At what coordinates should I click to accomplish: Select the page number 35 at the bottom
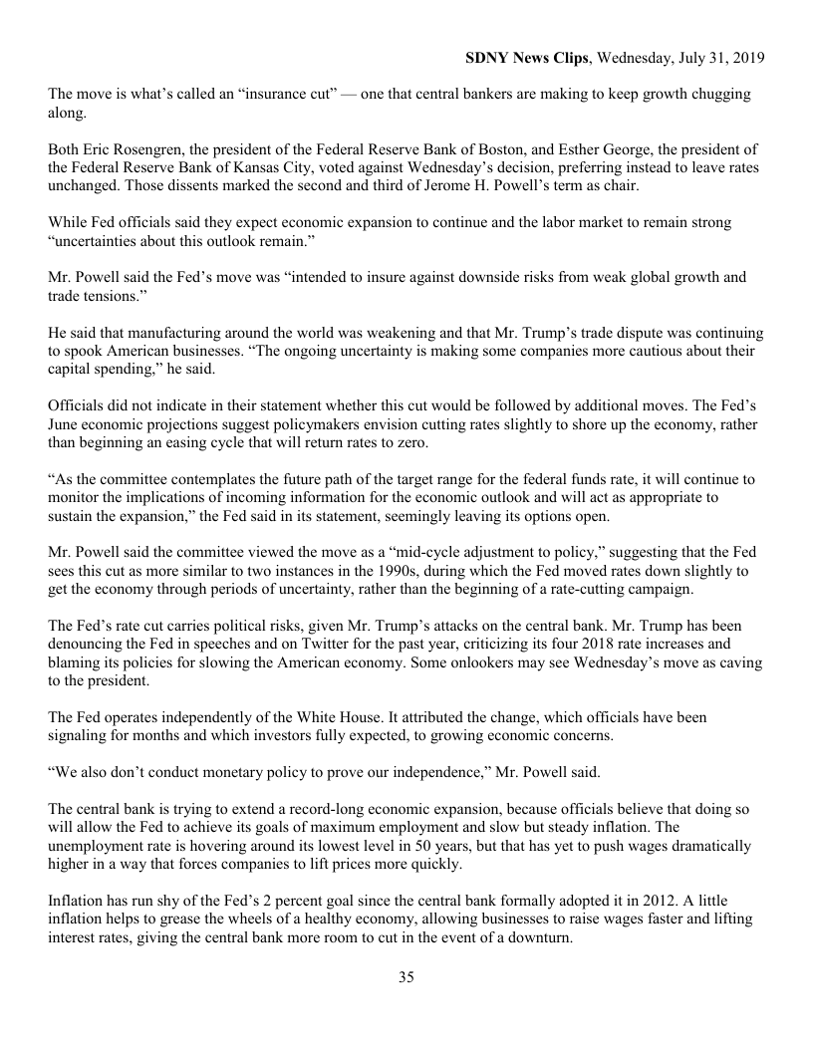point(406,977)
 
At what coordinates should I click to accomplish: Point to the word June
point(65,424)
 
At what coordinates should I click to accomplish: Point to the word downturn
point(539,938)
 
